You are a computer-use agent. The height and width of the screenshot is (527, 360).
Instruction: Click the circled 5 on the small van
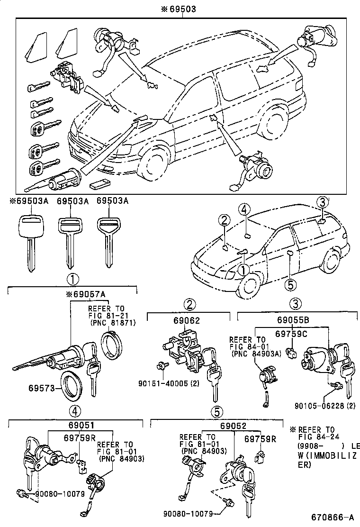coord(290,284)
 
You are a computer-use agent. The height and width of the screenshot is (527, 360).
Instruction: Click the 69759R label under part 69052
coord(261,439)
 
